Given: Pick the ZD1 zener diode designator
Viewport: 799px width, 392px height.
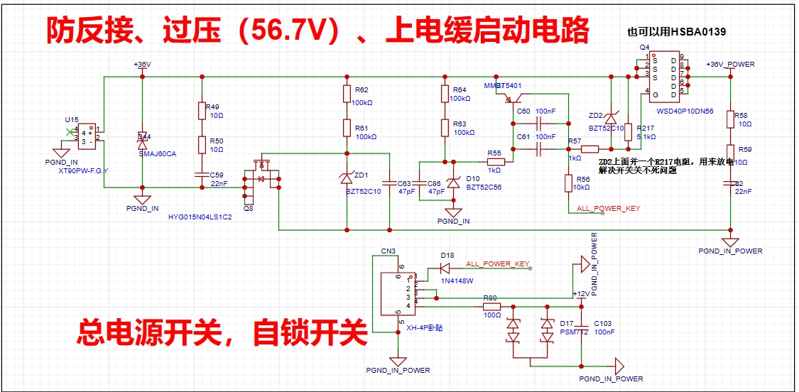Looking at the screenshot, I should [362, 175].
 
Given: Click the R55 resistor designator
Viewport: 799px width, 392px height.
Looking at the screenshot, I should [494, 153].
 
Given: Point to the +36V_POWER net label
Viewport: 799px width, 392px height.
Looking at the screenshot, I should [730, 65].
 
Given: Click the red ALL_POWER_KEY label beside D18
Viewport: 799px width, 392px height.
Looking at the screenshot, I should [498, 264].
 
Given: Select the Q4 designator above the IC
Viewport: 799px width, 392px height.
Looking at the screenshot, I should [644, 48].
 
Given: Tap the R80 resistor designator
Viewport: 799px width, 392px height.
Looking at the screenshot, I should [490, 298].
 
